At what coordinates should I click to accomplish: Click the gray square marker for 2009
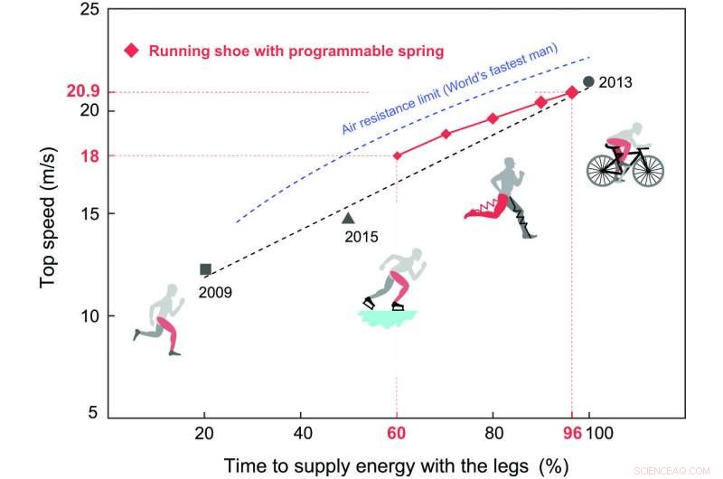(205, 268)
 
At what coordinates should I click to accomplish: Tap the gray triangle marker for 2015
(348, 217)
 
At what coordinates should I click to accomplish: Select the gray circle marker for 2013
(588, 81)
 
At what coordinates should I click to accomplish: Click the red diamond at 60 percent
(397, 155)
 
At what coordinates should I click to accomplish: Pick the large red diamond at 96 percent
(571, 92)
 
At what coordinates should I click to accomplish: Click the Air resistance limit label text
(449, 88)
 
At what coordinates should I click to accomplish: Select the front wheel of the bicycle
(644, 169)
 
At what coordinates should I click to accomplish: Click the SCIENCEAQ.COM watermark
(683, 469)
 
